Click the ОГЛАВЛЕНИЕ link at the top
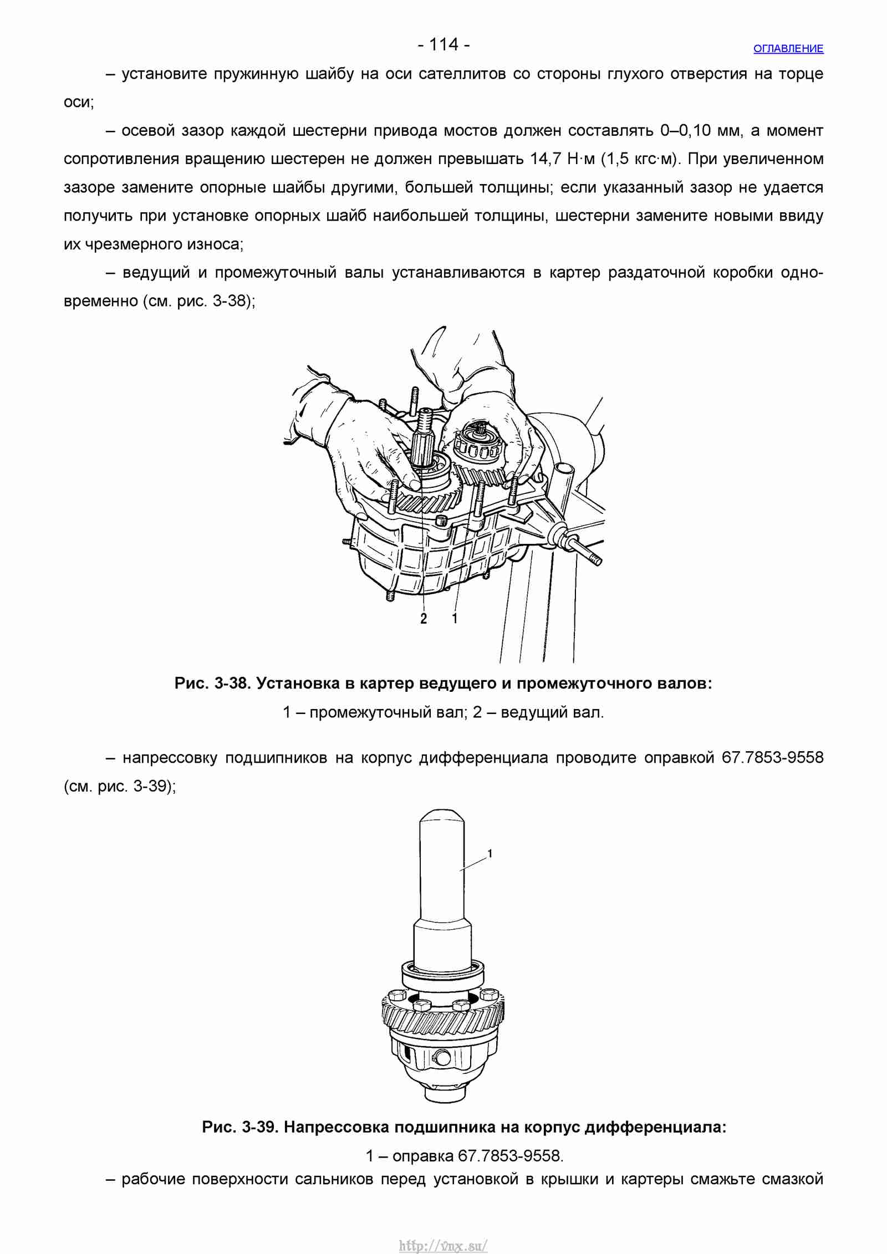(788, 49)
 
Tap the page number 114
(444, 44)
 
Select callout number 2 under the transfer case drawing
(424, 619)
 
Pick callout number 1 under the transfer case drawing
(455, 619)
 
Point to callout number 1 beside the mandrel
(490, 854)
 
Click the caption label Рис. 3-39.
(241, 1128)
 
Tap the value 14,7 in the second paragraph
(546, 159)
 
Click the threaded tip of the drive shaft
(426, 421)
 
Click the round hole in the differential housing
(443, 1058)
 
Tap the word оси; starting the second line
(79, 103)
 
